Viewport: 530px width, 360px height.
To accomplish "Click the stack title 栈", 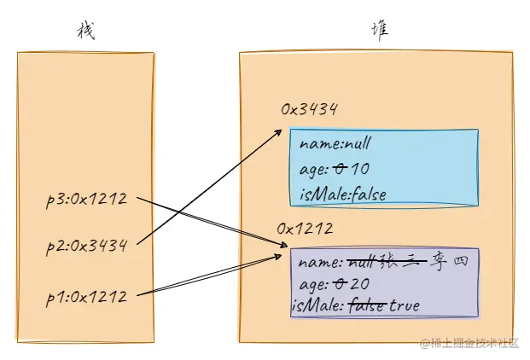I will [x=85, y=32].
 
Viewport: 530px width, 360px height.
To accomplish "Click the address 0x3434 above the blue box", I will [x=310, y=109].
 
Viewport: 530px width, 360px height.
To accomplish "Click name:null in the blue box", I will [x=336, y=144].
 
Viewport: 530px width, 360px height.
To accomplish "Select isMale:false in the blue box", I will [x=343, y=195].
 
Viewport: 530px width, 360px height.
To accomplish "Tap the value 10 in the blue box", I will [x=359, y=169].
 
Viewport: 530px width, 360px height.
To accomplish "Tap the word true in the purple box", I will [x=405, y=305].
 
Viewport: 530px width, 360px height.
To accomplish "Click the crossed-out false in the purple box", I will [x=368, y=305].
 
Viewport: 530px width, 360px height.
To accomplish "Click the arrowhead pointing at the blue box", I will [x=282, y=131].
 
